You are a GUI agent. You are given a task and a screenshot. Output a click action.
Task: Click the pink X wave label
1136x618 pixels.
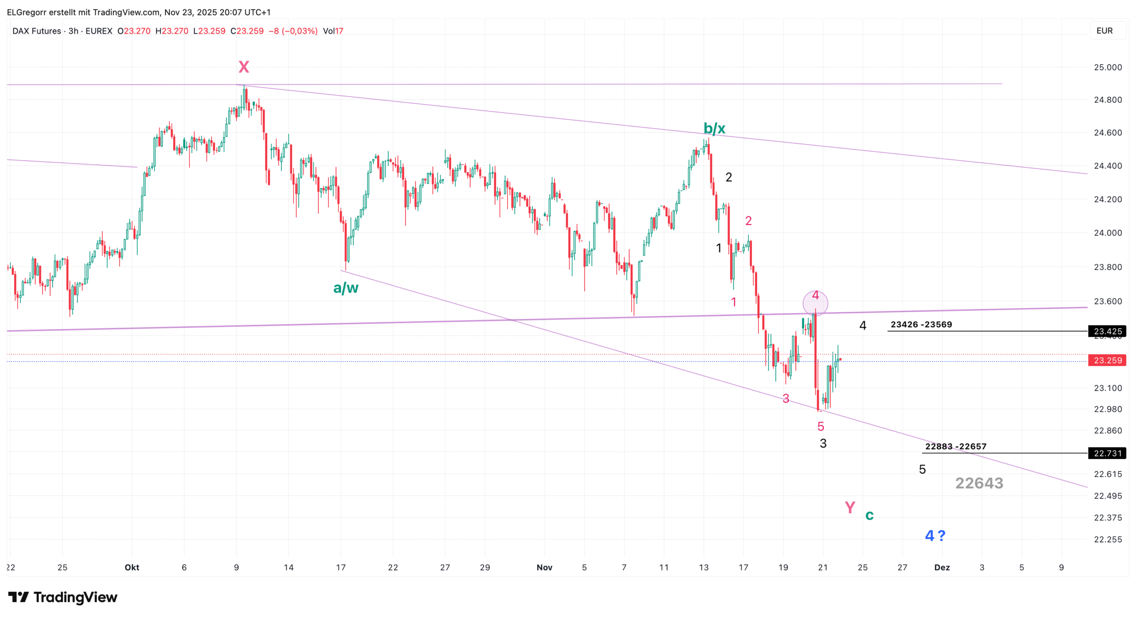[x=244, y=67]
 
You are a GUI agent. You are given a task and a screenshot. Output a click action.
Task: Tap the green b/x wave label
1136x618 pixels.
[x=714, y=129]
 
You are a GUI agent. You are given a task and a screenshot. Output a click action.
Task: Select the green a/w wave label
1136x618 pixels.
[x=346, y=288]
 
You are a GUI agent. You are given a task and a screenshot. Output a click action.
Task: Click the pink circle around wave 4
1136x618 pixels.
[x=816, y=303]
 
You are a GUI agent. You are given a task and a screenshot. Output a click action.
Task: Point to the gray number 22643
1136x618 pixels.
[x=979, y=483]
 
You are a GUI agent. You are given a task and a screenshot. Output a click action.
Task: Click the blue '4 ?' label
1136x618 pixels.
[x=935, y=536]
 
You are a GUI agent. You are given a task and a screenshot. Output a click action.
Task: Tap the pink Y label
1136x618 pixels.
[x=850, y=507]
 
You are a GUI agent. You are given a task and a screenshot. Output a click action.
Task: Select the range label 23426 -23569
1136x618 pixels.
[x=921, y=324]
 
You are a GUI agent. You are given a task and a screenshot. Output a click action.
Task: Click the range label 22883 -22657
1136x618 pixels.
[x=956, y=446]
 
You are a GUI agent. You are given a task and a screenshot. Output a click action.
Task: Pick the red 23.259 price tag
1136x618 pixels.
[x=1107, y=360]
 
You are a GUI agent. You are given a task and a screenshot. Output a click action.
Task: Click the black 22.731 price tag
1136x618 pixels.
[x=1107, y=453]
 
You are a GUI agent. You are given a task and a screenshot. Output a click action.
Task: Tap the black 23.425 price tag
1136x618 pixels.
[x=1107, y=331]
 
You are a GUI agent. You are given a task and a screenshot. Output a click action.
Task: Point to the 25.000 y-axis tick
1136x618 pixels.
[x=1107, y=67]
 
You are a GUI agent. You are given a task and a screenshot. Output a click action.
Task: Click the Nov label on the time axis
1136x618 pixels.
[x=544, y=567]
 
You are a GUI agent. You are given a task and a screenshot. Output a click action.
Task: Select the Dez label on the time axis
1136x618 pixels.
[x=942, y=567]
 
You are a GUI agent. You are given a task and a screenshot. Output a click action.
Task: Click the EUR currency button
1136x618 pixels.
[x=1105, y=31]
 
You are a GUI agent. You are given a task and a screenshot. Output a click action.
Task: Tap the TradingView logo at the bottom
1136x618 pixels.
[x=63, y=597]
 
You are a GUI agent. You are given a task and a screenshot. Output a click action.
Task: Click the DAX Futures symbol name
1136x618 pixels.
[x=37, y=31]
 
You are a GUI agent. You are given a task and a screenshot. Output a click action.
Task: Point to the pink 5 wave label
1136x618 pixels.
[x=821, y=426]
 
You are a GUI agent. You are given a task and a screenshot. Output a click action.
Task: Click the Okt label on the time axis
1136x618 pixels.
[x=132, y=567]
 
